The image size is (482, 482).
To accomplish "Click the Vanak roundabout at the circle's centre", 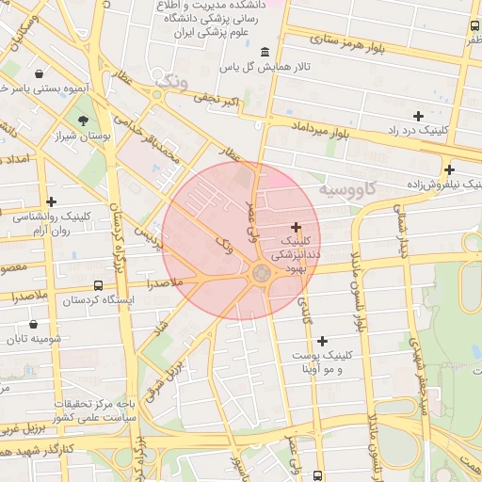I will click(x=262, y=272).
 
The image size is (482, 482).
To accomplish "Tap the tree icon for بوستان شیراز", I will click(x=84, y=120).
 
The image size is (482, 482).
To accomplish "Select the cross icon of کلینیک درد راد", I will click(x=418, y=115).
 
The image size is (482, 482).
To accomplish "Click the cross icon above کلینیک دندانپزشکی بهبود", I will click(x=297, y=227).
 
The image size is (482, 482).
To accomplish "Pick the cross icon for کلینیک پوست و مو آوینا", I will click(x=323, y=341).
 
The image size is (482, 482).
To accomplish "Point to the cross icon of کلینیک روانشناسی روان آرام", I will click(x=51, y=201).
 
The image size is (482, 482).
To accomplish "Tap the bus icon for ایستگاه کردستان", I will click(x=99, y=285).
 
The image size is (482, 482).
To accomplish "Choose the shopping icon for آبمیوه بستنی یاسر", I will click(x=38, y=73).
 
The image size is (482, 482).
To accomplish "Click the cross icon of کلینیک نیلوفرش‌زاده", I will click(x=450, y=170).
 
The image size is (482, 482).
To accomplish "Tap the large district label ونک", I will click(x=172, y=81).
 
